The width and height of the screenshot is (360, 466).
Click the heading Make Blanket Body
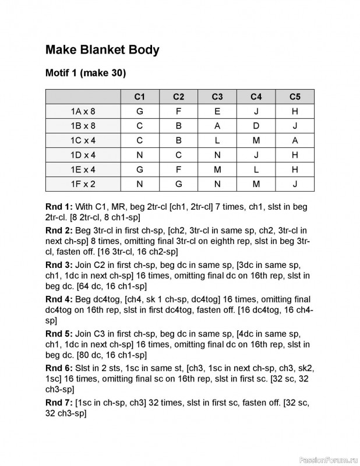pos(102,50)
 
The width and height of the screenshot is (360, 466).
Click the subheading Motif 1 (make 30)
pos(85,74)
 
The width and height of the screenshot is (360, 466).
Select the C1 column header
pos(140,97)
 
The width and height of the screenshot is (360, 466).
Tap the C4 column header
pos(256,97)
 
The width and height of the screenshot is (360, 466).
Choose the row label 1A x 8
pos(83,111)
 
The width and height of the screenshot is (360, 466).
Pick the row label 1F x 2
pos(83,184)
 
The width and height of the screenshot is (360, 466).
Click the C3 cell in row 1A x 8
pos(217,111)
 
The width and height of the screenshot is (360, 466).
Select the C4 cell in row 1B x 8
pos(256,126)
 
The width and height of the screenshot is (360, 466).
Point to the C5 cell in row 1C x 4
pos(295,140)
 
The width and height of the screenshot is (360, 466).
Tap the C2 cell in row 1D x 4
pos(179,155)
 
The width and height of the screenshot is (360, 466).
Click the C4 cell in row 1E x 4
pos(256,170)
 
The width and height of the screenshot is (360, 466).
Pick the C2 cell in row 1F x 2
pos(179,184)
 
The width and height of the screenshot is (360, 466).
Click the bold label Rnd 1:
pos(59,207)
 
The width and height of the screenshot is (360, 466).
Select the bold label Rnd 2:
pos(59,231)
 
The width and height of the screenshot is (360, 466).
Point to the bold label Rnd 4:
pos(59,299)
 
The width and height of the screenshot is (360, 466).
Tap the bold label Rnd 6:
pos(59,368)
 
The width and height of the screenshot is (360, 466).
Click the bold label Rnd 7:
pos(59,403)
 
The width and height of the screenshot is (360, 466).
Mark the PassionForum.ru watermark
pos(327,459)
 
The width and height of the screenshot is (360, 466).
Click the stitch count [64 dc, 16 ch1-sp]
pos(111,286)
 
